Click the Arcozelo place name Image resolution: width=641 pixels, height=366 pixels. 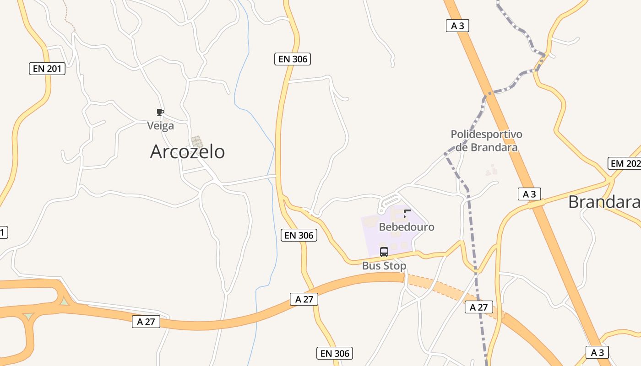click(187, 151)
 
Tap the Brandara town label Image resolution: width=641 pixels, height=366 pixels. click(603, 202)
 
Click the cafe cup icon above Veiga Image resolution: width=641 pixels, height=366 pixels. click(160, 113)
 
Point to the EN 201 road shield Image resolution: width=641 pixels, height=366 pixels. click(47, 69)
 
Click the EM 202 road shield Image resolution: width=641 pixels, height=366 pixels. click(625, 163)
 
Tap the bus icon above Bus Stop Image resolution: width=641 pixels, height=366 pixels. click(384, 252)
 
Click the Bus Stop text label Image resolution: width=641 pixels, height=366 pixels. click(384, 265)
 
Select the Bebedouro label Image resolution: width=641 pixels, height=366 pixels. click(407, 226)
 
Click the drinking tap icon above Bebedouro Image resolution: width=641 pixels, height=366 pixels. click(407, 213)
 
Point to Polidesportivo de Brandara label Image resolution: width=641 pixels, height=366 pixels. click(486, 140)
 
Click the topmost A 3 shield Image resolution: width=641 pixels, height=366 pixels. click(457, 26)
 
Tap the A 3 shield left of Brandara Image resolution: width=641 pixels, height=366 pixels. click(529, 194)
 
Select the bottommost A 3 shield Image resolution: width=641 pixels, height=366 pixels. click(598, 352)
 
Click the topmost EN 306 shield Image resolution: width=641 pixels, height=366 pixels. click(293, 59)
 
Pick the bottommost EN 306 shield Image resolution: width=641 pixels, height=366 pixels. click(335, 353)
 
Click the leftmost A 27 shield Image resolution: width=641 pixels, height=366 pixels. click(146, 322)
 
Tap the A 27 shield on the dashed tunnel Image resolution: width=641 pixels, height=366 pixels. click(479, 307)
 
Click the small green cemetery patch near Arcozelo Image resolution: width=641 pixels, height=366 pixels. click(197, 141)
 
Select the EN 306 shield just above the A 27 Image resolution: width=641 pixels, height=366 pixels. click(299, 235)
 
